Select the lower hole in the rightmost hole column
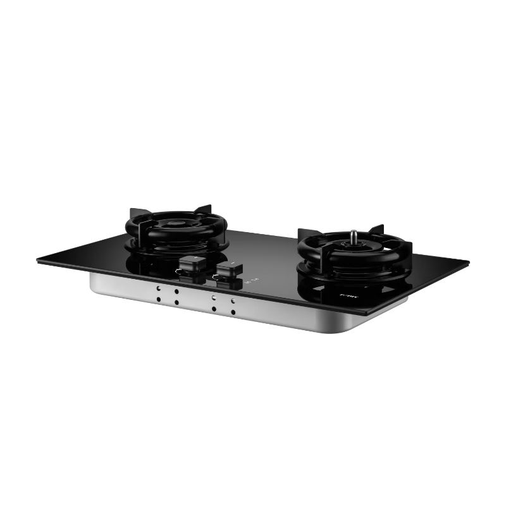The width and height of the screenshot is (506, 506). click(x=233, y=312)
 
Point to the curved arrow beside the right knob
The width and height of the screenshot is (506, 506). click(x=232, y=262)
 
